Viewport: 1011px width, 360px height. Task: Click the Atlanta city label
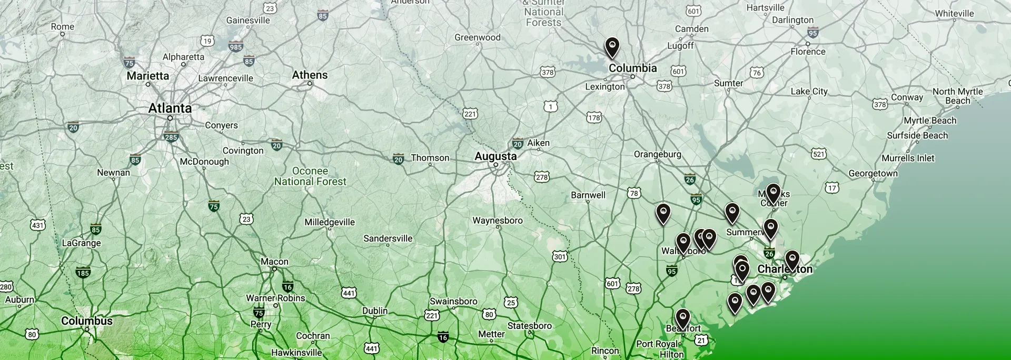pyautogui.click(x=170, y=108)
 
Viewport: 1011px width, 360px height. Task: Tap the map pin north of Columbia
pyautogui.click(x=611, y=46)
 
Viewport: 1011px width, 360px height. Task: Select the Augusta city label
pyautogui.click(x=495, y=156)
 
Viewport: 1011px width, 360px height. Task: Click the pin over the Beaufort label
pyautogui.click(x=682, y=318)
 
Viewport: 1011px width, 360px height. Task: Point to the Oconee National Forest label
pyautogui.click(x=310, y=176)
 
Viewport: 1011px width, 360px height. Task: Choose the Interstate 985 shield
pyautogui.click(x=236, y=47)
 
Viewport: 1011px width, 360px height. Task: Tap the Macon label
pyautogui.click(x=274, y=262)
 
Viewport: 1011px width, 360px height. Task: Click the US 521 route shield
pyautogui.click(x=819, y=154)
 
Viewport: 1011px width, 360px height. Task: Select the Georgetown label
pyautogui.click(x=873, y=173)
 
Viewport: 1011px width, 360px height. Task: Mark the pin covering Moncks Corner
pyautogui.click(x=772, y=193)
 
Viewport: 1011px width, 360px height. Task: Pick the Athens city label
pyautogui.click(x=310, y=75)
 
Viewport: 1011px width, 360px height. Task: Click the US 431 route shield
pyautogui.click(x=37, y=225)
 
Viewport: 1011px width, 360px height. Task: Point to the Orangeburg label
pyautogui.click(x=657, y=154)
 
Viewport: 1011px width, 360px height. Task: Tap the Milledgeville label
pyautogui.click(x=330, y=222)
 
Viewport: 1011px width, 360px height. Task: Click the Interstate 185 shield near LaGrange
pyautogui.click(x=83, y=273)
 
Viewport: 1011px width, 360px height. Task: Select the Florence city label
pyautogui.click(x=808, y=52)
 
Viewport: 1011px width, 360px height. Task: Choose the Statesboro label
pyautogui.click(x=529, y=326)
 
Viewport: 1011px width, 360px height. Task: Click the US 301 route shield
pyautogui.click(x=560, y=256)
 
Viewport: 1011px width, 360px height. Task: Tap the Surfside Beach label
pyautogui.click(x=917, y=135)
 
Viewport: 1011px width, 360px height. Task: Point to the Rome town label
pyautogui.click(x=63, y=27)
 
